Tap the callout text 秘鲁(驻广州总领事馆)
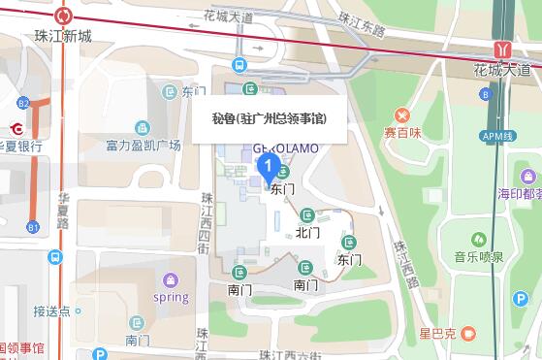268,118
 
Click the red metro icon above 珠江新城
65,16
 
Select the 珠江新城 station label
63,37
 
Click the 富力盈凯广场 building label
143,146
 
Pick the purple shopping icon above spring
172,279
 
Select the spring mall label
171,297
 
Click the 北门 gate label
308,232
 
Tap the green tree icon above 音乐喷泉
476,239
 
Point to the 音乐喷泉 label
477,257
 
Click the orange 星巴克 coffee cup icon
469,333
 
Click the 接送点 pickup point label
51,311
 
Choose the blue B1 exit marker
34,228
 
